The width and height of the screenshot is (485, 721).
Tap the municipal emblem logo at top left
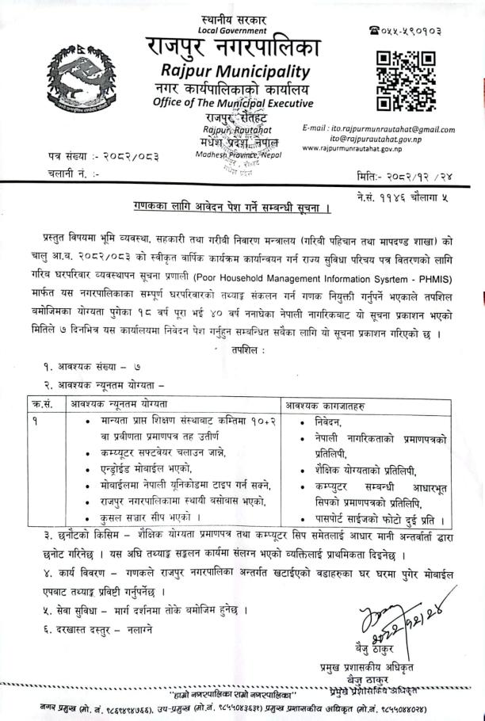point(76,78)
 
